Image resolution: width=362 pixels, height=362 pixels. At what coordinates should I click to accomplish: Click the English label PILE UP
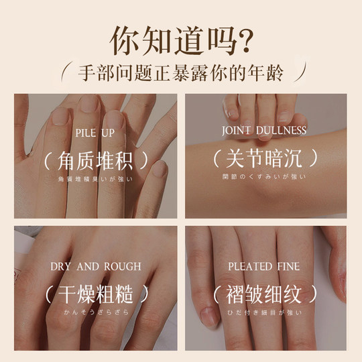[95, 131]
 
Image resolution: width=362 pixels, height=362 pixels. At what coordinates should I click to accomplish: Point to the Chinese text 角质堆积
[95, 160]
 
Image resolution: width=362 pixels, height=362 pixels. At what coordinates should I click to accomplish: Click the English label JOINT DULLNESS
[265, 130]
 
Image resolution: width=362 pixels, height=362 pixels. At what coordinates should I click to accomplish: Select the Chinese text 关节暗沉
[265, 160]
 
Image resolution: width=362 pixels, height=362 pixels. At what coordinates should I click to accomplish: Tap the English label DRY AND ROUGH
[95, 266]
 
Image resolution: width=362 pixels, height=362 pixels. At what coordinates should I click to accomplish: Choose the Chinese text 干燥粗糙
[95, 295]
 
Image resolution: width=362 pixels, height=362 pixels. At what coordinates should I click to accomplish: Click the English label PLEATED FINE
[264, 266]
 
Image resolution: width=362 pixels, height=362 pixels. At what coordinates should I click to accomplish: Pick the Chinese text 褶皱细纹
[265, 295]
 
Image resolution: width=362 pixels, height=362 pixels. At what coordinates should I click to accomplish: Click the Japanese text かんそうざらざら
[95, 312]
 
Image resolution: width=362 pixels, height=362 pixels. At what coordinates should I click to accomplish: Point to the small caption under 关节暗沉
[265, 178]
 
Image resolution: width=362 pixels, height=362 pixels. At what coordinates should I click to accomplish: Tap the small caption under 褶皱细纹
[265, 312]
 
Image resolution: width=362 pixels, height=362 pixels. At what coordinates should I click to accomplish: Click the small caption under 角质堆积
[95, 178]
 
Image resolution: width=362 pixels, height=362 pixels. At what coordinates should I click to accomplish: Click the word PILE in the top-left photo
[85, 131]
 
